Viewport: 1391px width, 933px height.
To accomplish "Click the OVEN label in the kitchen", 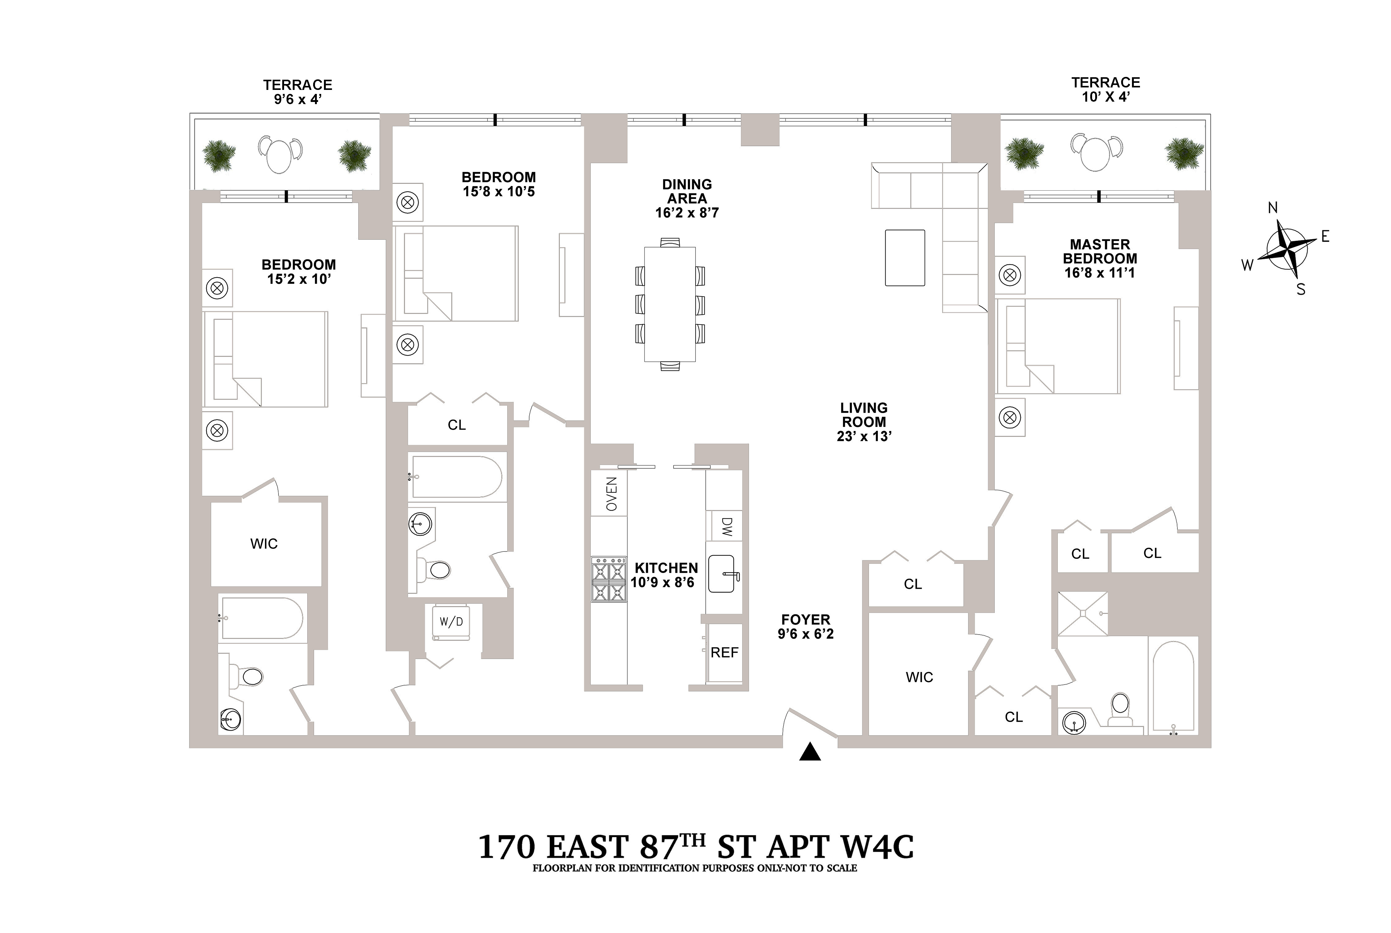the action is (611, 494).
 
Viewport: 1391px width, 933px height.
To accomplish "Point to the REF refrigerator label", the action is (724, 653).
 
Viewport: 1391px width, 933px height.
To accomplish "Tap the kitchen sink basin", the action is (723, 574).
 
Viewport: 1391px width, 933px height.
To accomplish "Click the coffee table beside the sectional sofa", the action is (905, 258).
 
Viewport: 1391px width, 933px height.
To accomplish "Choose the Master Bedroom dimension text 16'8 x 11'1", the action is (1099, 273).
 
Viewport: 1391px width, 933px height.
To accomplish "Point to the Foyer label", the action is (805, 619).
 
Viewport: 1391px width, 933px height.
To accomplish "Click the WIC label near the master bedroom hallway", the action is (919, 677).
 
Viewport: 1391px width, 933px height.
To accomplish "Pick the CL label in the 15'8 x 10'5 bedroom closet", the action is (457, 425).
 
